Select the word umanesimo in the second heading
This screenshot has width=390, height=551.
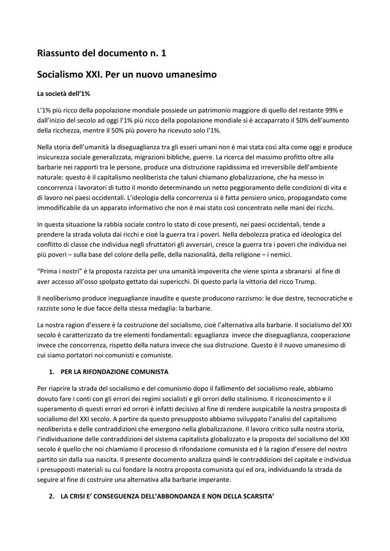189,74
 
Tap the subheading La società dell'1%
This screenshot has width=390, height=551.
63,94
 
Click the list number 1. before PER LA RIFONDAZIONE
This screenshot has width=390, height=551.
52,372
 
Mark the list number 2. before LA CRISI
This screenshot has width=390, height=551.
52,496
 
